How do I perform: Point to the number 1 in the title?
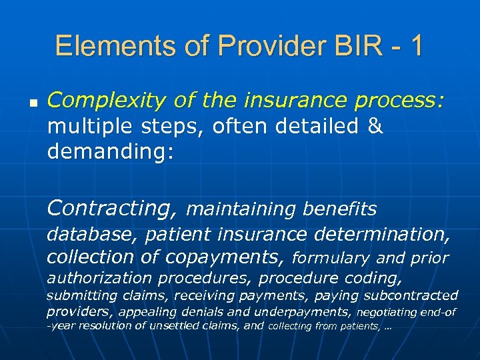(415, 46)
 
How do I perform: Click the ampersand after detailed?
(376, 127)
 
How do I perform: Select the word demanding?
(111, 153)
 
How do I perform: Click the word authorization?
(97, 277)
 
